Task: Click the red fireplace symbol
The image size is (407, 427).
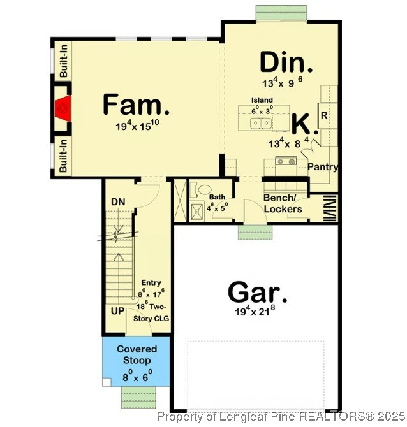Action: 62,109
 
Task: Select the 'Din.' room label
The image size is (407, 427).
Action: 286,64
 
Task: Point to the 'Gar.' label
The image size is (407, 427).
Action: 257,293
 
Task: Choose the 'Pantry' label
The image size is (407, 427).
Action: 322,167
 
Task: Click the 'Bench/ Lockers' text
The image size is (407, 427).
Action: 283,203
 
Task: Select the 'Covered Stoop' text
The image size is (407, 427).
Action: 133,355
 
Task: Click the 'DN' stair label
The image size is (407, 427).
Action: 118,202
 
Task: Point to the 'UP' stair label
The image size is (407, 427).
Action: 118,310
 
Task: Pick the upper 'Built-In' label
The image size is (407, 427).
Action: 64,62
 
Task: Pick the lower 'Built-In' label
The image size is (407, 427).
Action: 64,156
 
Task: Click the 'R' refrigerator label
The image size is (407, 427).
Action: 324,116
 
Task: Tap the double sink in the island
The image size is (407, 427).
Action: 260,122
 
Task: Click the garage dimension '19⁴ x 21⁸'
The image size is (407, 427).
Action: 257,313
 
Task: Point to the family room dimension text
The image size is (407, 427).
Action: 137,126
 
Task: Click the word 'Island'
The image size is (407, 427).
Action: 262,100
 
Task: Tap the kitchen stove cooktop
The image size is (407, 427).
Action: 285,161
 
